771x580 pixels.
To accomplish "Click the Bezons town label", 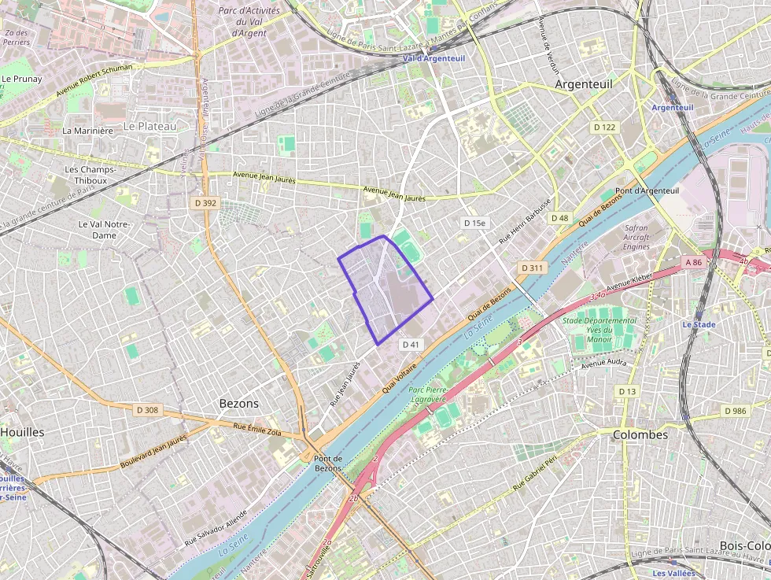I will [238, 403].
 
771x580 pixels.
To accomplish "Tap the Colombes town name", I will [640, 434].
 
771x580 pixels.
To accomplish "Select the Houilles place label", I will [22, 432].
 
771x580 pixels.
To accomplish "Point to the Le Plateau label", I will [150, 125].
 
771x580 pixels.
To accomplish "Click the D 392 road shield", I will [205, 203].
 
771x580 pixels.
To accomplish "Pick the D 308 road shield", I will [147, 410].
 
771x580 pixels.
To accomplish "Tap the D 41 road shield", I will [411, 345].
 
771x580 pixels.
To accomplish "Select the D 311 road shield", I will [532, 268].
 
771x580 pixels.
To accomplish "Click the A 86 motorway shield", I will [693, 262].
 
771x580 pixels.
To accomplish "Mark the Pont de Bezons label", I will [327, 464].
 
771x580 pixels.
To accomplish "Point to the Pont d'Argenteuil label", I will [647, 190].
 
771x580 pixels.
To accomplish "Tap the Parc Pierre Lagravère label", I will [429, 394].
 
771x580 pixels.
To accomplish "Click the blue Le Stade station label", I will [699, 324].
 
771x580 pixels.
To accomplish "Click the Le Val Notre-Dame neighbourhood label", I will [103, 229].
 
